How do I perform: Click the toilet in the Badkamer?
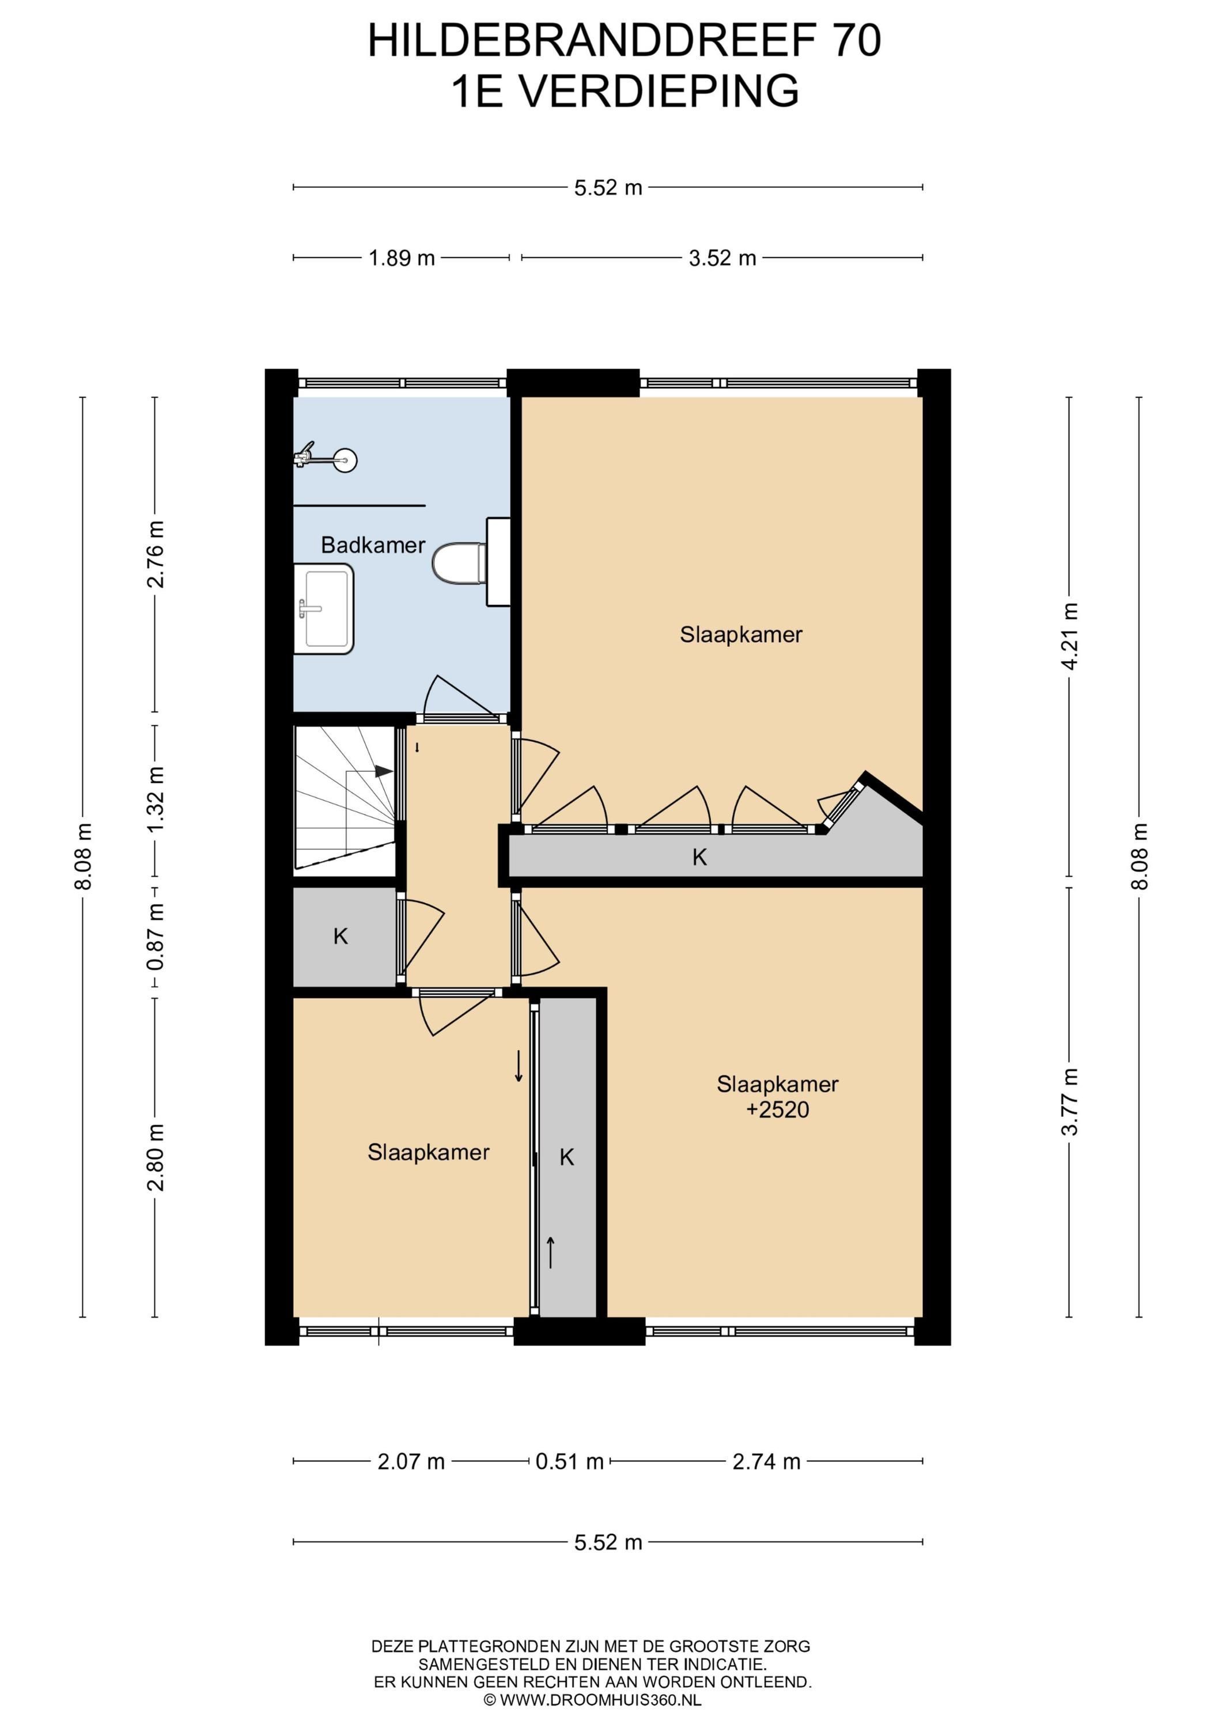coord(459,562)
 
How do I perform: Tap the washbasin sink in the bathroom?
coord(324,608)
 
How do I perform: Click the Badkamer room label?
coord(373,545)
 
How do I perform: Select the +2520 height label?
coord(777,1109)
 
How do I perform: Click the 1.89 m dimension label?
coord(402,258)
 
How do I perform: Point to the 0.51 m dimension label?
coord(569,1461)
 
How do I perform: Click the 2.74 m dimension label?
coord(766,1461)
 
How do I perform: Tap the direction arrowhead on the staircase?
coord(384,771)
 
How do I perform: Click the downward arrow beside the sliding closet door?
coord(518,1066)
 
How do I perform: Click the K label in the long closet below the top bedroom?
coord(699,857)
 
